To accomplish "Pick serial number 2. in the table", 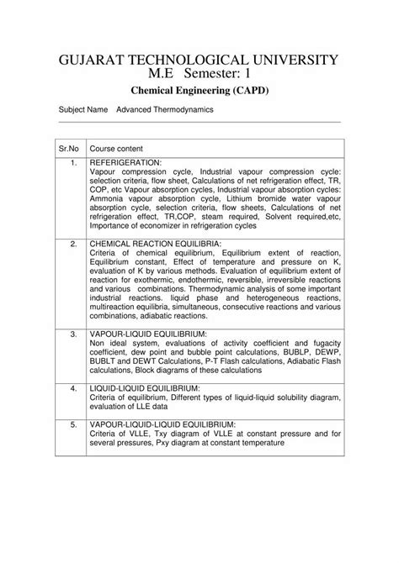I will pyautogui.click(x=74, y=243).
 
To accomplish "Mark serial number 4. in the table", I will pyautogui.click(x=74, y=388).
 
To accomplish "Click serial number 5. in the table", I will pyautogui.click(x=74, y=425).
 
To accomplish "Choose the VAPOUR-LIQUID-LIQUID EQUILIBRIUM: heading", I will pyautogui.click(x=162, y=425).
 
